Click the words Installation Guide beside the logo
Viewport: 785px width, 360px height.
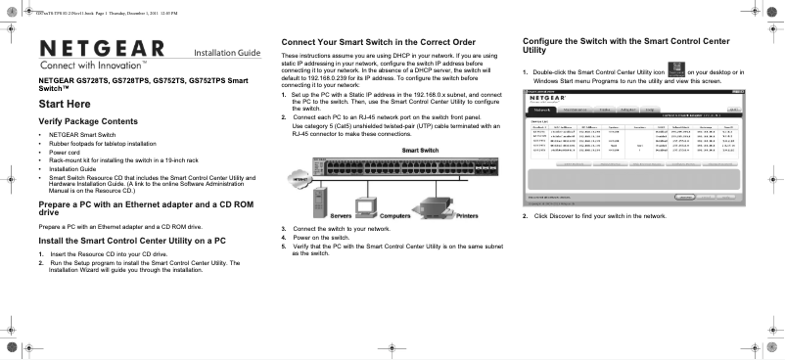[227, 51]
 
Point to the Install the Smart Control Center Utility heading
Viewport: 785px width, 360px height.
[137, 240]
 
